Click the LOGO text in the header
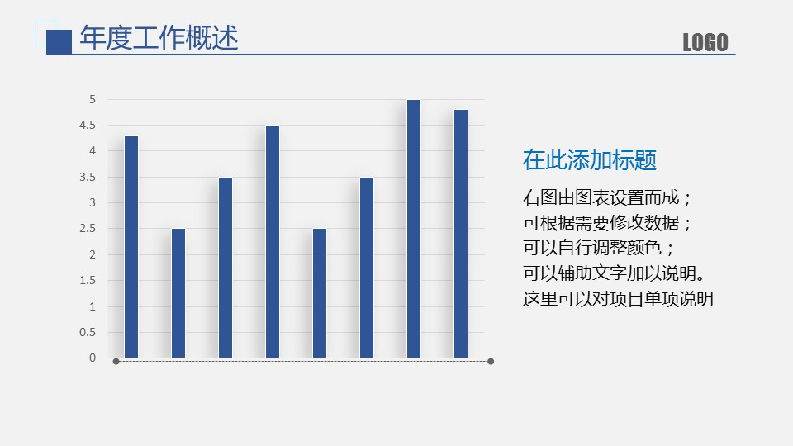(x=705, y=42)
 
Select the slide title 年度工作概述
(x=159, y=38)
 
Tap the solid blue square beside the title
(x=59, y=42)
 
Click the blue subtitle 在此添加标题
(x=590, y=160)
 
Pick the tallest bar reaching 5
(x=414, y=229)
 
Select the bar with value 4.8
(x=461, y=234)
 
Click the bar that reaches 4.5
(x=273, y=242)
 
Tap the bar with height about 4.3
(x=131, y=247)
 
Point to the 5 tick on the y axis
(x=92, y=100)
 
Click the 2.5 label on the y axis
(x=88, y=229)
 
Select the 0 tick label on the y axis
(x=92, y=358)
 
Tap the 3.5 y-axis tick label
(x=88, y=177)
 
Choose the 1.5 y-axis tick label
(x=88, y=280)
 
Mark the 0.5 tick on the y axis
(x=88, y=332)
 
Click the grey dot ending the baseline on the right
(x=491, y=362)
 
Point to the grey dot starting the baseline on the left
(x=116, y=362)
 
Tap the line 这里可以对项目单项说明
(x=618, y=299)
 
